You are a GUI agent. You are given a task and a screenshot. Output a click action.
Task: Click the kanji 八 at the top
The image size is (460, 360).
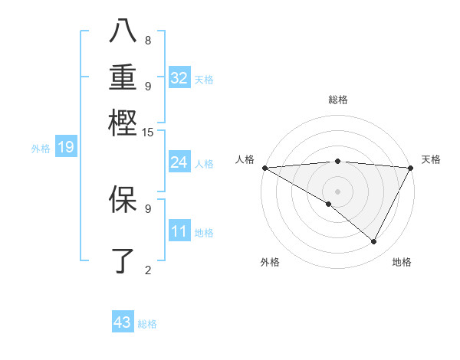point(123,31)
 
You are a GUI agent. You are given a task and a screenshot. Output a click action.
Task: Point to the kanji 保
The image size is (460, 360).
point(123,199)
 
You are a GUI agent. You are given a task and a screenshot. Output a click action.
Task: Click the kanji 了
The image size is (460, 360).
point(123,260)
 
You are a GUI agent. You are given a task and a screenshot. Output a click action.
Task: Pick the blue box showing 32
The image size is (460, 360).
point(179,78)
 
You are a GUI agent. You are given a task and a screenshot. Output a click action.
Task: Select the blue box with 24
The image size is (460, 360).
point(179,162)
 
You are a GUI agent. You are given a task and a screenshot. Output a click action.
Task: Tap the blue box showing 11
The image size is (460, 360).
point(179,232)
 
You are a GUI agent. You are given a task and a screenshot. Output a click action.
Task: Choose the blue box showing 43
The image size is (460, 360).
point(123,322)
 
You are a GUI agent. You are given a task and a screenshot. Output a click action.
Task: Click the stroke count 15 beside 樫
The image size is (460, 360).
point(148,133)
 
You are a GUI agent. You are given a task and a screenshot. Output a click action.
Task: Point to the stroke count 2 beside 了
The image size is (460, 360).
point(148,270)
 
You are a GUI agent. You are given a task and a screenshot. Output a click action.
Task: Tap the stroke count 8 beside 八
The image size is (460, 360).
point(148,40)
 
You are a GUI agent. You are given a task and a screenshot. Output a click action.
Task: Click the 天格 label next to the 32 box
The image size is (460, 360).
point(204,79)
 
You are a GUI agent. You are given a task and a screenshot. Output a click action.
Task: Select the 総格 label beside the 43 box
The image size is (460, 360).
point(147,324)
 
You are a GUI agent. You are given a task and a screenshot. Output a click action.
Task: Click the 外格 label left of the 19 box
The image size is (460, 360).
point(41,149)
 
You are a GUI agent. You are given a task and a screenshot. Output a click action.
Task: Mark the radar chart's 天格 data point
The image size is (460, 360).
point(411,168)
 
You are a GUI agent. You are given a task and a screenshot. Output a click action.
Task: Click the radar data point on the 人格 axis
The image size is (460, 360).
point(264,168)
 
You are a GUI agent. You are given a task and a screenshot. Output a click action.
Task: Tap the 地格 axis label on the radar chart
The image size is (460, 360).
point(402,262)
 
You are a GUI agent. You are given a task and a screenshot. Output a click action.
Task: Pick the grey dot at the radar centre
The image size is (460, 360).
point(337,191)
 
